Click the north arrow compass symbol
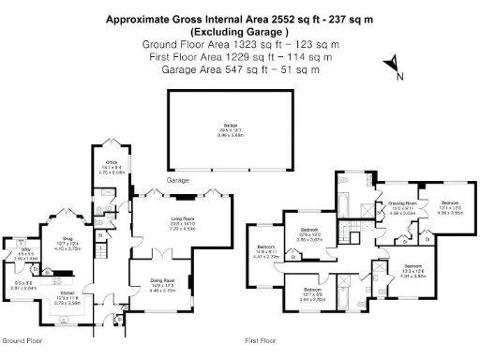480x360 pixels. point(393,67)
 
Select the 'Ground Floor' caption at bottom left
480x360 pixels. point(20,341)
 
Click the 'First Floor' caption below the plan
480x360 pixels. point(263,341)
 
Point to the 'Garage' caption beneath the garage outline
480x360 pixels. point(177,178)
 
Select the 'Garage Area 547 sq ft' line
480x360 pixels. point(211,68)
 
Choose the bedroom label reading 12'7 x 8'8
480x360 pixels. point(311,292)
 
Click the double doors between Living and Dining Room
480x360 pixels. point(165,253)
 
